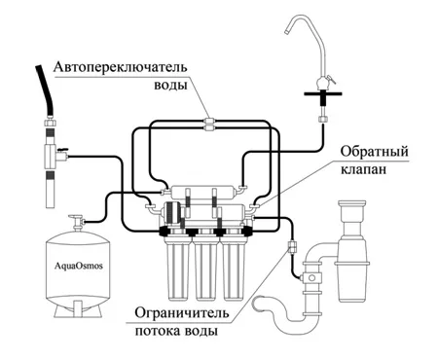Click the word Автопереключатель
pos(121,67)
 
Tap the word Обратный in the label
pos(374,152)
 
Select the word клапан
pos(363,169)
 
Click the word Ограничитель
pos(182,313)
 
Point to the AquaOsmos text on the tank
pos(79,266)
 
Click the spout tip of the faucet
pos(287,32)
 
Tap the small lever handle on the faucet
pos(331,79)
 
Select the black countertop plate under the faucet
pos(323,93)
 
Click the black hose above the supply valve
pos(46,91)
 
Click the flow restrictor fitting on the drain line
pos(292,246)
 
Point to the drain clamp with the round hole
pos(311,278)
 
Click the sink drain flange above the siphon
pos(352,204)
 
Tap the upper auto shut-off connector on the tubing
pos(209,122)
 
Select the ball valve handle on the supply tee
pos(62,149)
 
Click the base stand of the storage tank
pos(78,309)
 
